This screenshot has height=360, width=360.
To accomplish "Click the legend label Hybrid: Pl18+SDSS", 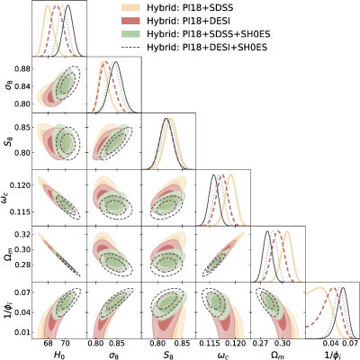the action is (x=190, y=8).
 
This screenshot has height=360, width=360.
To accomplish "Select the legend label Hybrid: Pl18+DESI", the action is (x=188, y=21).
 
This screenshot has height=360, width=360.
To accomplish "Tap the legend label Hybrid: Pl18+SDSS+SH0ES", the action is (x=209, y=34).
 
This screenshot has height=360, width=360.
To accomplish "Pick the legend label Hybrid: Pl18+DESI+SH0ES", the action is (x=207, y=47).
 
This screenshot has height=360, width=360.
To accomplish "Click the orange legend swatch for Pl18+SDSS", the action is (x=130, y=8).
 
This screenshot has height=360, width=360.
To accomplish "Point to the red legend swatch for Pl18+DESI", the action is (x=130, y=21).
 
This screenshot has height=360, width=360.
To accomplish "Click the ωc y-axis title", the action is (x=8, y=198).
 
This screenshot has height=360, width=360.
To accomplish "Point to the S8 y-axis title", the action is (x=8, y=141).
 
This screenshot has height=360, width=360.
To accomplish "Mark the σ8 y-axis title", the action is (x=8, y=85).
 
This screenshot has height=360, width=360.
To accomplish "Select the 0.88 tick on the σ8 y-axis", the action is (x=22, y=69).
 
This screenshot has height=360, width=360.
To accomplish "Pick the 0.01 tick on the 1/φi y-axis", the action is (x=22, y=333).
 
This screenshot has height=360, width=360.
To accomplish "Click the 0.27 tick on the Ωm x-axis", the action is (x=262, y=343).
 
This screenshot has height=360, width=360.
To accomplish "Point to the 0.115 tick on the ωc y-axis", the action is (x=20, y=211).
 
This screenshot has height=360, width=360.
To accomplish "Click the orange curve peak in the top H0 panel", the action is (x=48, y=5).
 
